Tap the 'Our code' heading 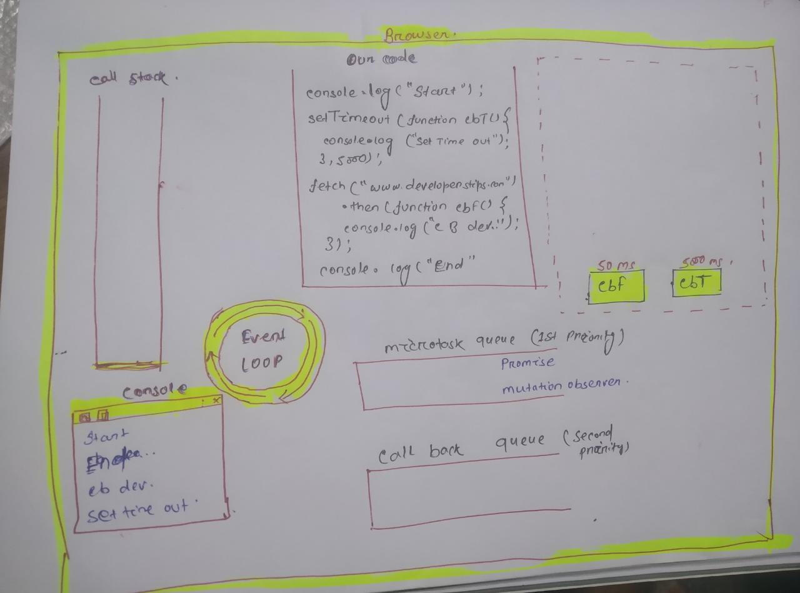[381, 59]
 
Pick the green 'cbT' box [696, 282]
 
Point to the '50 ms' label [615, 265]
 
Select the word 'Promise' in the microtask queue [527, 362]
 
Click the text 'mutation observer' [562, 386]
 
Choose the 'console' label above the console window [154, 391]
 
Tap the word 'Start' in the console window [106, 436]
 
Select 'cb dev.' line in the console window [120, 486]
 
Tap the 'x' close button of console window [216, 400]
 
